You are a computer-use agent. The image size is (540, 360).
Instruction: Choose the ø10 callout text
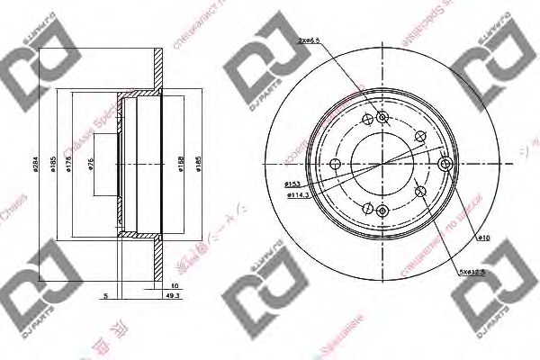click(481, 237)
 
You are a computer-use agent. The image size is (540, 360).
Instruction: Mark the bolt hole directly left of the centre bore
click(335, 164)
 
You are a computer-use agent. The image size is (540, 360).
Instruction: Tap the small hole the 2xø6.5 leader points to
click(381, 117)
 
